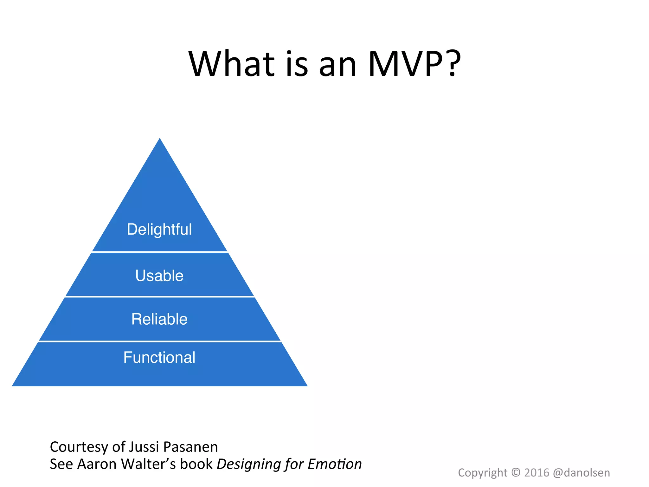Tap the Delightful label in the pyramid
159,229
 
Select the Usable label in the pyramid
159,276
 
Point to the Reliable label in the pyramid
159,319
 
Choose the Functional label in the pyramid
159,357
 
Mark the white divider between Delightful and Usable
160,252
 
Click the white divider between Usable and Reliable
160,296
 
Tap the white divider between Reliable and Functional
160,341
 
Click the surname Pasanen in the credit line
190,447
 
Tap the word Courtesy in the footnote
79,447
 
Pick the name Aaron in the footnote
97,464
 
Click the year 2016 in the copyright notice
537,473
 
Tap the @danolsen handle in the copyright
581,473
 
